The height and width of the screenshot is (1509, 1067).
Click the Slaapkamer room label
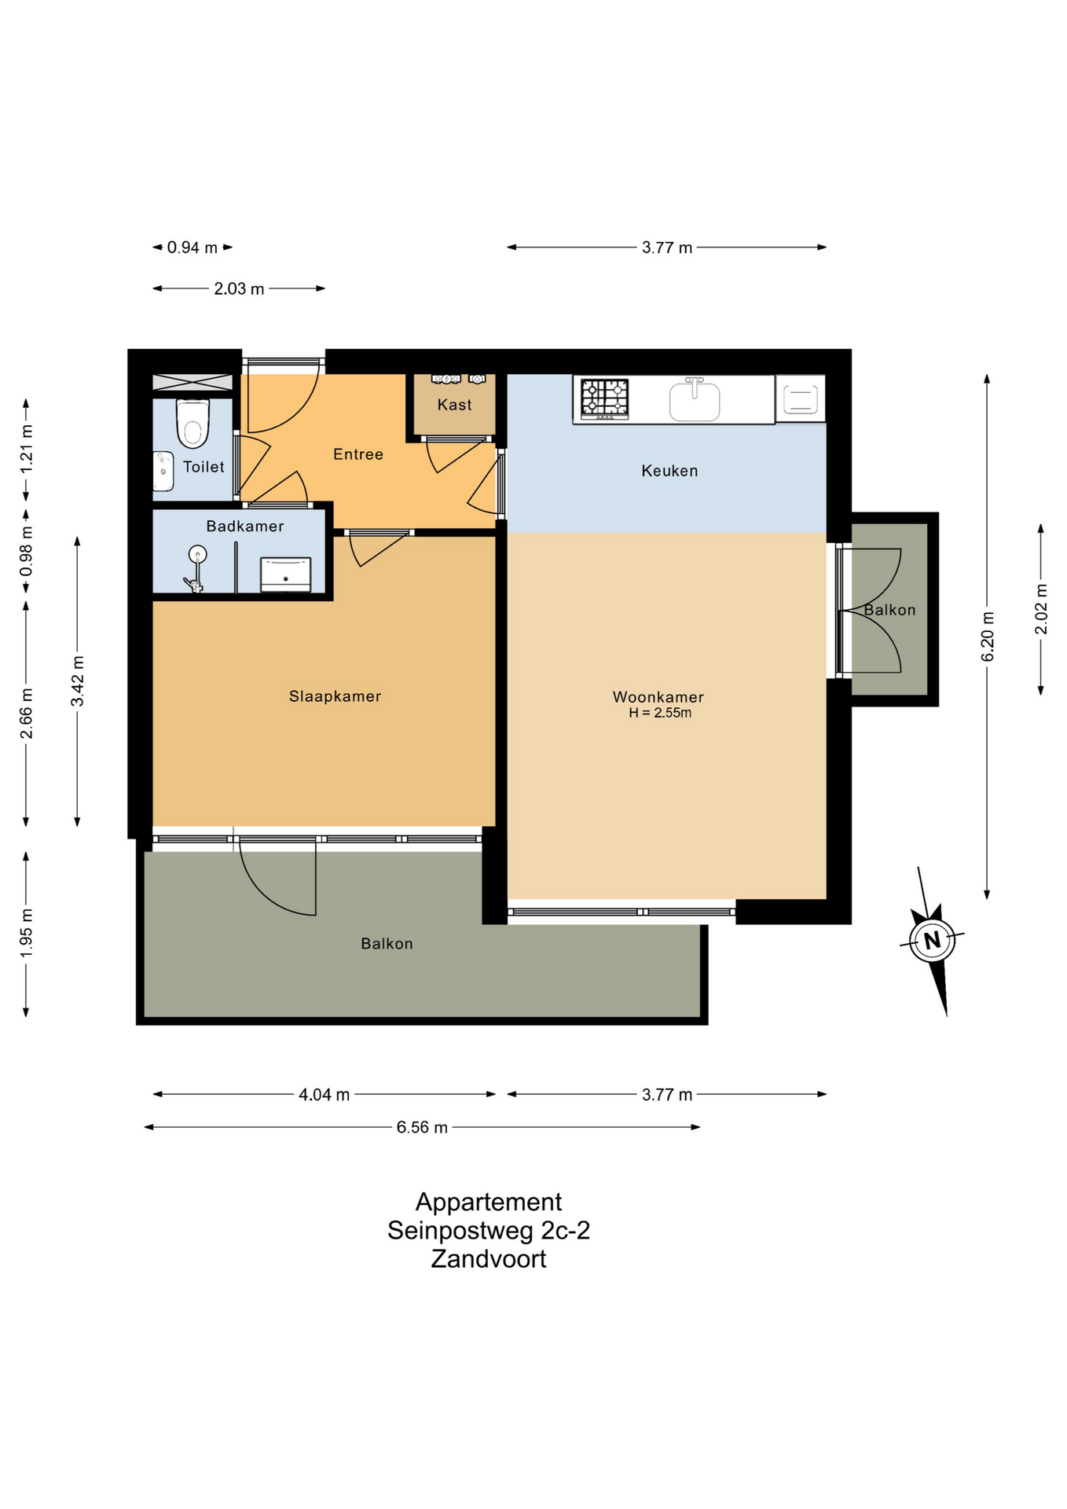[335, 696]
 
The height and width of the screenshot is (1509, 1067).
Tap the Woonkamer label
[658, 697]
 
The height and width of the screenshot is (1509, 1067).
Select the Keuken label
[669, 471]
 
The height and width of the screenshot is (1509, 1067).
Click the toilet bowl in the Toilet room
[192, 423]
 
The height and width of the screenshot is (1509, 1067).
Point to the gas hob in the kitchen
[605, 398]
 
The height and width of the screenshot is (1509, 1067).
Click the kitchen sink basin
[695, 400]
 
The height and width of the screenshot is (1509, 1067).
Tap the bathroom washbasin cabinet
[285, 575]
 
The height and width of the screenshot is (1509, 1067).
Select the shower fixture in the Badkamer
[196, 568]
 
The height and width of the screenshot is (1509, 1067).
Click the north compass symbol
[933, 940]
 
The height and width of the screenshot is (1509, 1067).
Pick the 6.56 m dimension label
[422, 1127]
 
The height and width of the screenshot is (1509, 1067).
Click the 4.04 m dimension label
[324, 1094]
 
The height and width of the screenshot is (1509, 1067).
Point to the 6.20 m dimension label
[988, 637]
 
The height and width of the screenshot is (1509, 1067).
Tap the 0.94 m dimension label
[192, 248]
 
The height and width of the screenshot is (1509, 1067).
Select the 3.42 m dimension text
[78, 681]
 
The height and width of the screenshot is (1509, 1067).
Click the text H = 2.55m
[660, 713]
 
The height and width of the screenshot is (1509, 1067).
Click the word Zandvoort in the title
[489, 1258]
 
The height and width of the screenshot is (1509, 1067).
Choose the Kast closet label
[454, 405]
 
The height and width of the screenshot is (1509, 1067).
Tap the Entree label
[358, 454]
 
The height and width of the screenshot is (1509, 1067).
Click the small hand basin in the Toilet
[163, 471]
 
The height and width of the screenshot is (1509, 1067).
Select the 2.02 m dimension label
[1041, 609]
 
